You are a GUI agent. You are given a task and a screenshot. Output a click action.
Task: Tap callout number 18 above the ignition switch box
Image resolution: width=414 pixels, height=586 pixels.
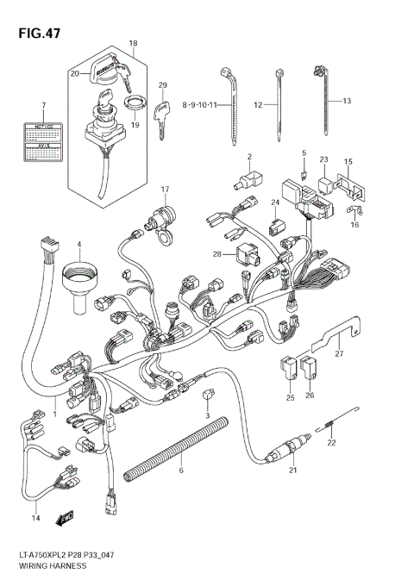[133, 43]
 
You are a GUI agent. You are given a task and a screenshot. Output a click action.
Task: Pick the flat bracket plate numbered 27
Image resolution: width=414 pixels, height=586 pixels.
[340, 333]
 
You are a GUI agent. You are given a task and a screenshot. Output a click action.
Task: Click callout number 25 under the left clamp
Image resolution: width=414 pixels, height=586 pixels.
[290, 397]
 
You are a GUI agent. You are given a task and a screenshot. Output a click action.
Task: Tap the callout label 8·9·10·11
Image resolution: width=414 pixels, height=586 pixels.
[202, 104]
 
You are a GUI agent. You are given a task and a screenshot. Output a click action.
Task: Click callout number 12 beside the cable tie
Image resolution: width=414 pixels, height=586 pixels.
[258, 104]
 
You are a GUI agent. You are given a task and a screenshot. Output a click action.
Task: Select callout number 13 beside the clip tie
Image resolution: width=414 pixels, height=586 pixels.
[347, 102]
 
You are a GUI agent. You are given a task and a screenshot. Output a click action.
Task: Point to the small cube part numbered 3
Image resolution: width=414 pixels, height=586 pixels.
[207, 396]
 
